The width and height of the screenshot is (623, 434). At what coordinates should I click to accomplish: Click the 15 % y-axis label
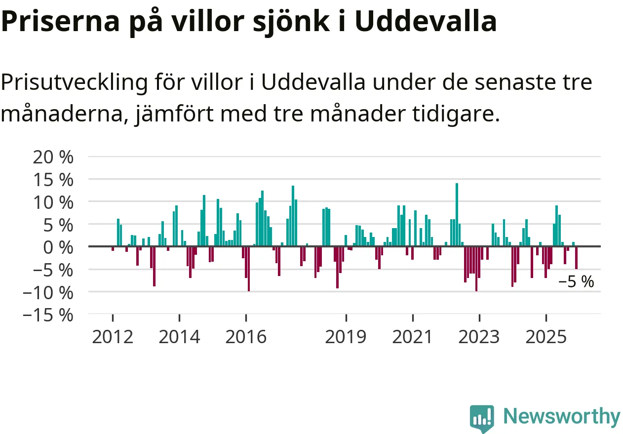click(x=53, y=180)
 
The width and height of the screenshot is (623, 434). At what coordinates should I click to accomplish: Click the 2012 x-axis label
click(x=113, y=337)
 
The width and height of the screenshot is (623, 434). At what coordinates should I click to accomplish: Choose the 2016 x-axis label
click(x=246, y=337)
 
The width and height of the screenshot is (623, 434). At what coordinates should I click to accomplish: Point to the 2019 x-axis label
click(x=346, y=337)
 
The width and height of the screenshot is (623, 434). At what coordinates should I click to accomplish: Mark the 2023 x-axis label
click(x=479, y=337)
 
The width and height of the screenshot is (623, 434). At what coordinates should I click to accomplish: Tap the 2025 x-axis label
click(x=545, y=337)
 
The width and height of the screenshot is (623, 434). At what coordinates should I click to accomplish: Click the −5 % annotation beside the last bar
click(x=576, y=282)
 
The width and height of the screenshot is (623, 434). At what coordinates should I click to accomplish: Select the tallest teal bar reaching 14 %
click(x=457, y=215)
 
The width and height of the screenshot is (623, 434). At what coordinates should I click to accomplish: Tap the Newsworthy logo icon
click(x=482, y=419)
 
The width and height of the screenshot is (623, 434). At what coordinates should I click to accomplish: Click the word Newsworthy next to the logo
click(x=562, y=417)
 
